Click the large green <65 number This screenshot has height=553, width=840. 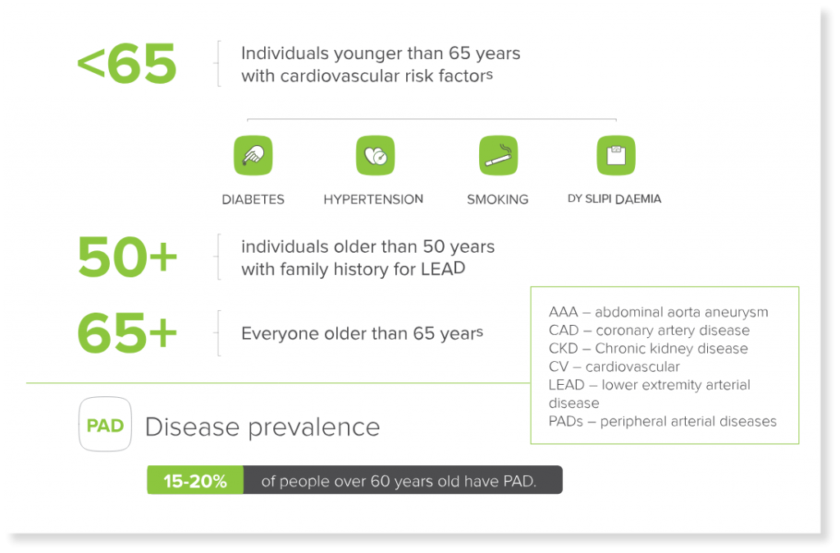pyautogui.click(x=127, y=64)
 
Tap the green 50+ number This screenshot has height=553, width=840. pyautogui.click(x=127, y=257)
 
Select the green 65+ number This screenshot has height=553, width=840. pyautogui.click(x=127, y=333)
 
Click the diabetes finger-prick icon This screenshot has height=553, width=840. pyautogui.click(x=253, y=155)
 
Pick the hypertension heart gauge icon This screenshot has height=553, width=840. pyautogui.click(x=376, y=155)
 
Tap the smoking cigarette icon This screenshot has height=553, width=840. pyautogui.click(x=498, y=155)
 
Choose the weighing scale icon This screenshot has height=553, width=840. pyautogui.click(x=616, y=155)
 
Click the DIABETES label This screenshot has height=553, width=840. pyautogui.click(x=253, y=199)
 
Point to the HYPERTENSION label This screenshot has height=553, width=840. pyautogui.click(x=373, y=199)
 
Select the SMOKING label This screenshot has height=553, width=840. pyautogui.click(x=497, y=199)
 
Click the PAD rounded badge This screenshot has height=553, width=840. pyautogui.click(x=105, y=424)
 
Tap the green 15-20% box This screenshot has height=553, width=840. pyautogui.click(x=195, y=480)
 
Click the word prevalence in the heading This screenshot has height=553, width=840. pyautogui.click(x=314, y=428)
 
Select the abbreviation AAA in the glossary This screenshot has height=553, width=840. pyautogui.click(x=563, y=312)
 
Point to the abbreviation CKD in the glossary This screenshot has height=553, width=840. pyautogui.click(x=563, y=349)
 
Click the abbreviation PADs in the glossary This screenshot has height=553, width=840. pyautogui.click(x=566, y=421)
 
